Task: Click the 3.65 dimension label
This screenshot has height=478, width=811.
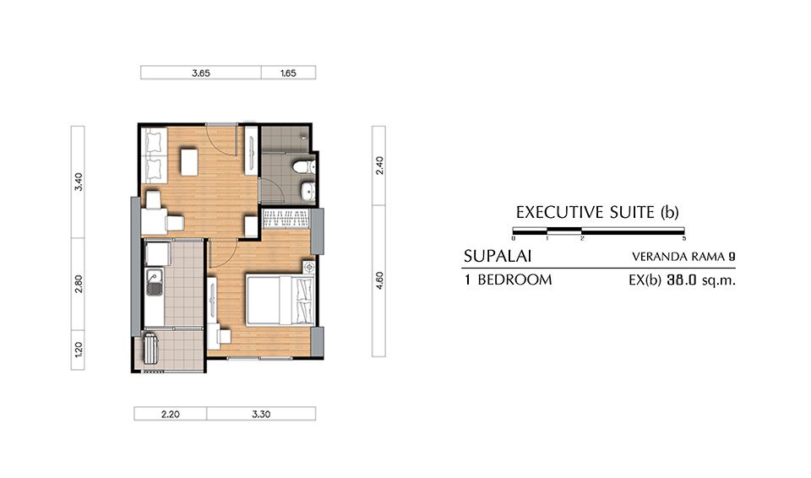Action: (x=201, y=73)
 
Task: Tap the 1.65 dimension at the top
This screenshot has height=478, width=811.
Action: (x=288, y=73)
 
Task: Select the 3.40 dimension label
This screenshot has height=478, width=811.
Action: (x=79, y=182)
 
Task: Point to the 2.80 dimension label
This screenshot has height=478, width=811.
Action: (x=79, y=284)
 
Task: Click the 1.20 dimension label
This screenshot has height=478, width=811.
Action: (x=79, y=350)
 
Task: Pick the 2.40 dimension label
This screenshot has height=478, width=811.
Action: (x=379, y=165)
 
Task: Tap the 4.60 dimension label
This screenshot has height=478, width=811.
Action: (x=379, y=280)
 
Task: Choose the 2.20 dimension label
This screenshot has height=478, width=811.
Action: (x=170, y=414)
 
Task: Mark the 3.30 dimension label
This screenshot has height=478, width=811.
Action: (x=261, y=414)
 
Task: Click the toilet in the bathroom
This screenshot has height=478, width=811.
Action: (x=304, y=167)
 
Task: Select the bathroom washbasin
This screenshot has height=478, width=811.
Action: (x=308, y=192)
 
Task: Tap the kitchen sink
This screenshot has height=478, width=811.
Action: (x=154, y=282)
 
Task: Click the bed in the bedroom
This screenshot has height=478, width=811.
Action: (x=280, y=301)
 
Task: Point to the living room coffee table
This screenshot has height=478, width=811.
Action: (x=189, y=162)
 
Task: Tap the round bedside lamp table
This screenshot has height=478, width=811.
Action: (x=309, y=267)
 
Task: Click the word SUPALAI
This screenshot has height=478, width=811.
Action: (x=498, y=256)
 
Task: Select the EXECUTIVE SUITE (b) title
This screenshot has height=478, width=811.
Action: (x=597, y=212)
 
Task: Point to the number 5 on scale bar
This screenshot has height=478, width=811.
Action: (x=683, y=238)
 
